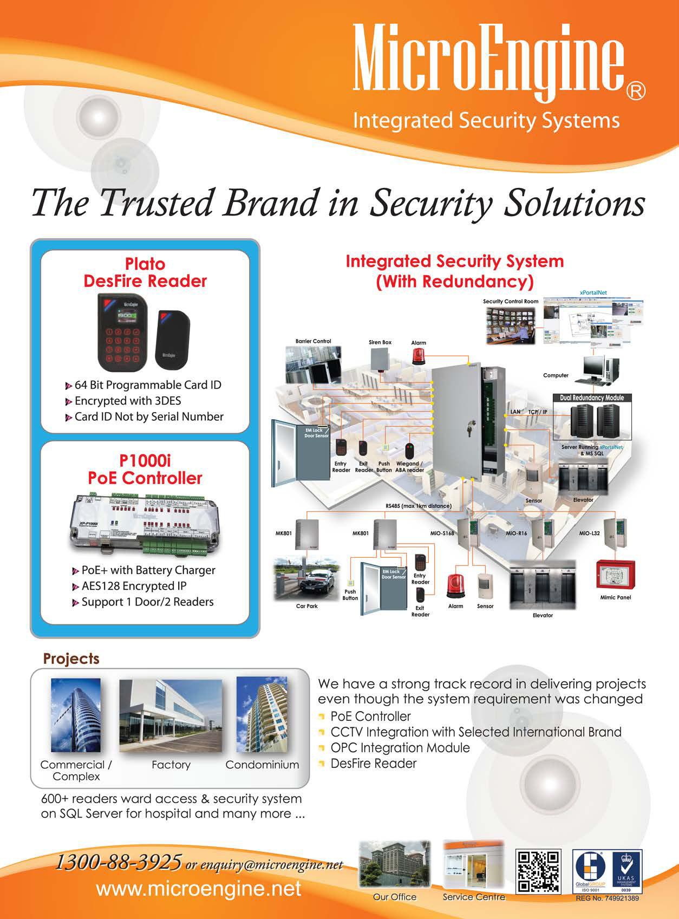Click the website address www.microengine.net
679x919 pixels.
pos(198,889)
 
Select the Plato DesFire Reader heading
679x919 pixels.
pos(145,272)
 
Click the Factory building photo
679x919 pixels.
pos(171,716)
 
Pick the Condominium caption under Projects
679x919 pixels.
pos(262,765)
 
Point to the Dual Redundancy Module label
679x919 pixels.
pos(591,397)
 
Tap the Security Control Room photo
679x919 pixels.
pos(511,324)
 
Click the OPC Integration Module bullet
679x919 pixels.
pos(400,748)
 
